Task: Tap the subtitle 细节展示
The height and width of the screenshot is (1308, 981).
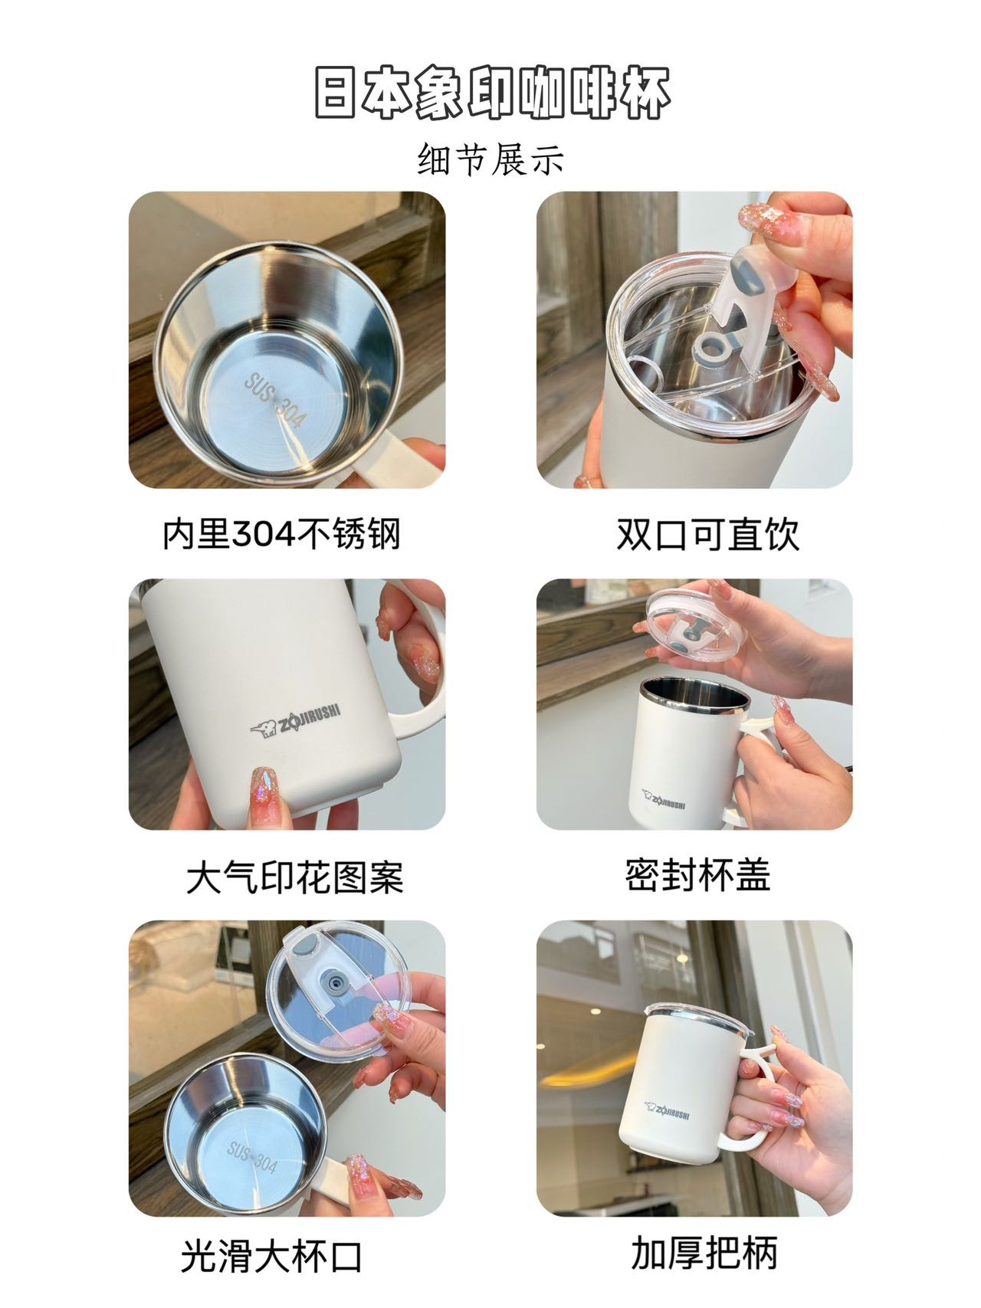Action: point(490,160)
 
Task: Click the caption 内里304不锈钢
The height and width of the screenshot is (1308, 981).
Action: point(281,534)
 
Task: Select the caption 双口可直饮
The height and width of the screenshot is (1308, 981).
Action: point(707,534)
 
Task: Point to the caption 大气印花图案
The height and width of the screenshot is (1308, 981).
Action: point(295,877)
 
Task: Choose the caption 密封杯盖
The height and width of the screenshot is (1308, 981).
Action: point(697,875)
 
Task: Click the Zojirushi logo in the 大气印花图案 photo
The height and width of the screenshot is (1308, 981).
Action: point(296,721)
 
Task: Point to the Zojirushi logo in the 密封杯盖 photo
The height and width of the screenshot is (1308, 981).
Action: point(664,798)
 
